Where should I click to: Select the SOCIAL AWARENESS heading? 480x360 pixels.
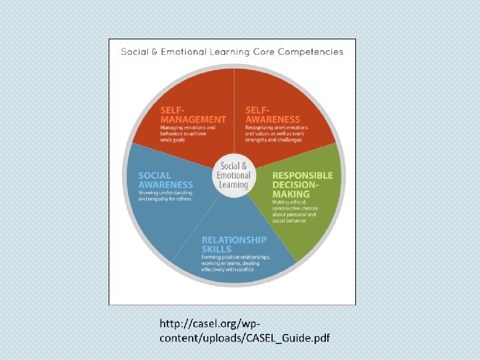click(x=165, y=180)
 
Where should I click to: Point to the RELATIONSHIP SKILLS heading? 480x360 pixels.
click(x=234, y=244)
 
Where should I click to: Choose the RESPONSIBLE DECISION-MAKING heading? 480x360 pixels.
click(x=302, y=185)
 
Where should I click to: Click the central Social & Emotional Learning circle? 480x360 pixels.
click(x=233, y=175)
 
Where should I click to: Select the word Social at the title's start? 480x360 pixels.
click(x=135, y=51)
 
